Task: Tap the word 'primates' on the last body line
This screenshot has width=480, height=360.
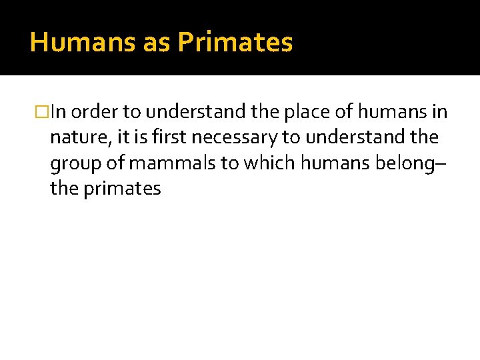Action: click(x=122, y=189)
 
